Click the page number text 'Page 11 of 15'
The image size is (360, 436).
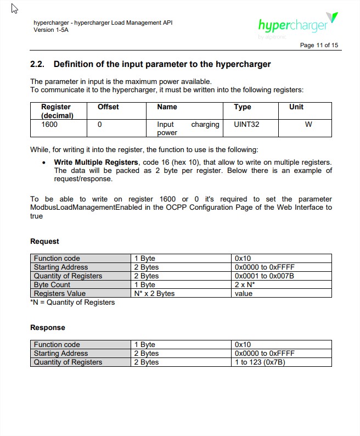pyautogui.click(x=319, y=45)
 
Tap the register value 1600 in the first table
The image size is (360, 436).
pyautogui.click(x=49, y=125)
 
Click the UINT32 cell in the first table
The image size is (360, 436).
pyautogui.click(x=246, y=125)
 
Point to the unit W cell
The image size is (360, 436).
pyautogui.click(x=308, y=125)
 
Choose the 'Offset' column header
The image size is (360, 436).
pyautogui.click(x=108, y=107)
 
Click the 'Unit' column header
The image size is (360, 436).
pyautogui.click(x=296, y=107)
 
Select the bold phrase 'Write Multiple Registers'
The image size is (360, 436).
pyautogui.click(x=95, y=163)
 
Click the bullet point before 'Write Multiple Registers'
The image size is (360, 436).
pyautogui.click(x=44, y=163)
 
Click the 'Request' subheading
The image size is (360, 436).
pyautogui.click(x=44, y=241)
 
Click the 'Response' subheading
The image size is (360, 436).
pyautogui.click(x=47, y=327)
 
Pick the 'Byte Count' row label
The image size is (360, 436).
pyautogui.click(x=52, y=284)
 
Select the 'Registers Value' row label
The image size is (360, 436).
pyautogui.click(x=60, y=293)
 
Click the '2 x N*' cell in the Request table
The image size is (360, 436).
pyautogui.click(x=245, y=284)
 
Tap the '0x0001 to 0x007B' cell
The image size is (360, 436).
pyautogui.click(x=264, y=276)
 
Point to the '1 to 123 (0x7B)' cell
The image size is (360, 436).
pyautogui.click(x=260, y=362)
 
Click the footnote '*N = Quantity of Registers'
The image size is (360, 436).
pyautogui.click(x=72, y=302)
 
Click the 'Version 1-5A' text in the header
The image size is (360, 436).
pyautogui.click(x=51, y=30)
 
